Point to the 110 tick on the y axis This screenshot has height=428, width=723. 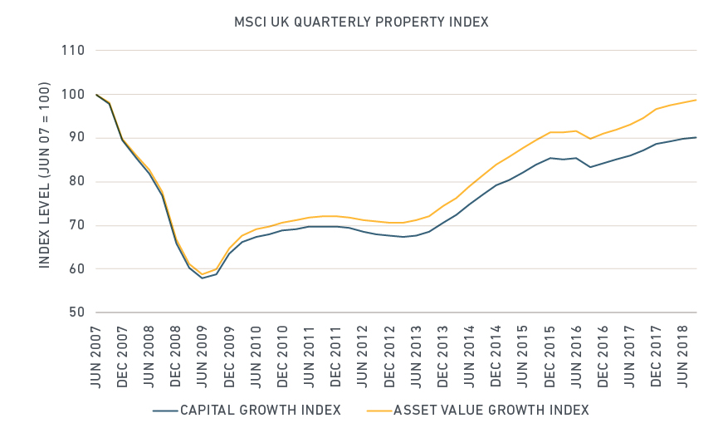[x=74, y=51]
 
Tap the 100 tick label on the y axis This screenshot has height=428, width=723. [x=74, y=95]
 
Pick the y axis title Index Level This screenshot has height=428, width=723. [x=44, y=175]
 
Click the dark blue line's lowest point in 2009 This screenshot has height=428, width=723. [x=202, y=278]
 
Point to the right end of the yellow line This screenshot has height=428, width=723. [x=696, y=100]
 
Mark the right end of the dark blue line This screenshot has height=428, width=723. [x=696, y=137]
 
